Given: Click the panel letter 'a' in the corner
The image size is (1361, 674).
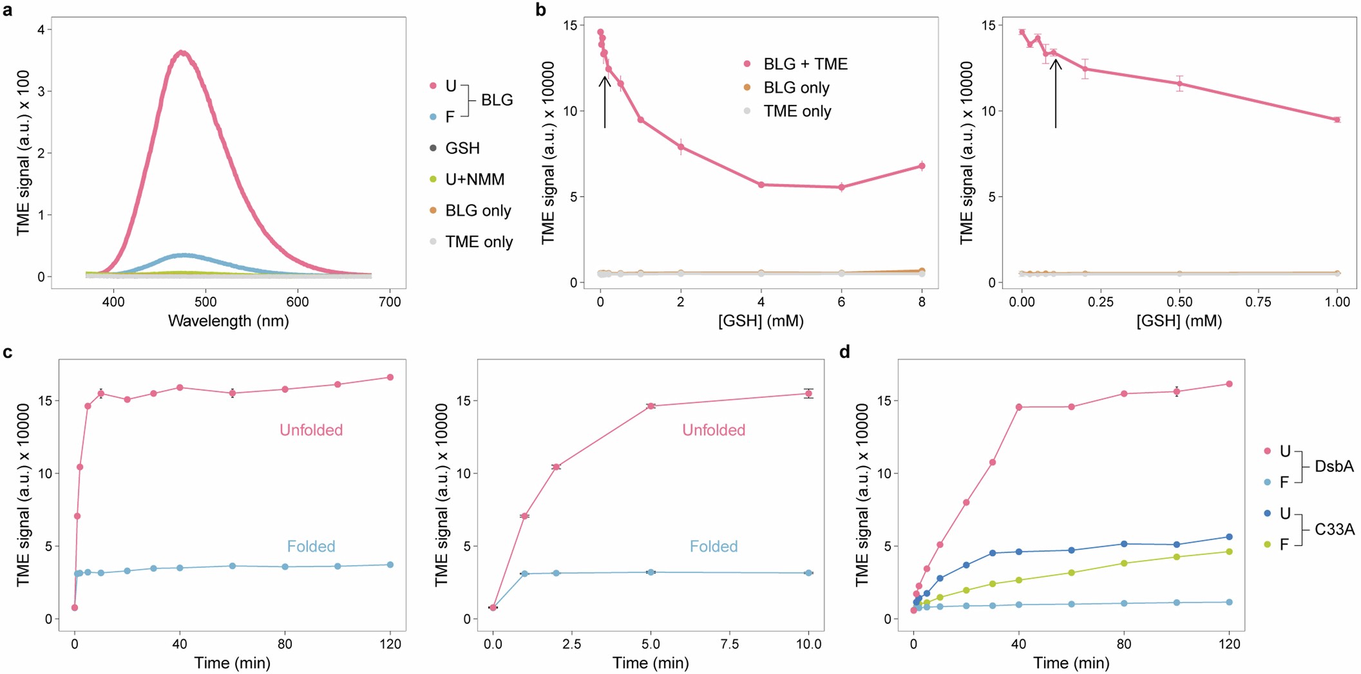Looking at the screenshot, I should pyautogui.click(x=8, y=10).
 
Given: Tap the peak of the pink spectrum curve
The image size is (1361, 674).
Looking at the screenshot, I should pyautogui.click(x=182, y=52).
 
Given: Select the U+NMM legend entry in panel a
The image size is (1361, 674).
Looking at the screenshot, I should pyautogui.click(x=475, y=179).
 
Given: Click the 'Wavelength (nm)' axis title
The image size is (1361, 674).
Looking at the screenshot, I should pyautogui.click(x=228, y=321).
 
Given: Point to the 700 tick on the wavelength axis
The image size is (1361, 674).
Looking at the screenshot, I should pyautogui.click(x=390, y=301).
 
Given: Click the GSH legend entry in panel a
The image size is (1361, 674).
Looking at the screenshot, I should pyautogui.click(x=462, y=148).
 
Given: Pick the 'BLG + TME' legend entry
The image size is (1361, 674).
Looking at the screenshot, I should pyautogui.click(x=805, y=64).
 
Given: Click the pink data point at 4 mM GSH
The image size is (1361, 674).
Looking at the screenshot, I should pyautogui.click(x=761, y=185).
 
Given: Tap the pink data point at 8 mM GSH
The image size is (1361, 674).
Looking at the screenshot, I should pyautogui.click(x=922, y=166).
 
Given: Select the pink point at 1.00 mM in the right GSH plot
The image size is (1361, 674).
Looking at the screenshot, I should pyautogui.click(x=1337, y=119).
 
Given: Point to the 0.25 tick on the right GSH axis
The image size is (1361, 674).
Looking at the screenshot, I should pyautogui.click(x=1101, y=301).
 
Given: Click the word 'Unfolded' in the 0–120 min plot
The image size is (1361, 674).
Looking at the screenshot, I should pyautogui.click(x=311, y=430).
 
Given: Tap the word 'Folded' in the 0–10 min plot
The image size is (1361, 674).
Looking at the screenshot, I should pyautogui.click(x=714, y=547).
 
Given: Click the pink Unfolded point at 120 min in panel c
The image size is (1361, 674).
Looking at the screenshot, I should pyautogui.click(x=390, y=377).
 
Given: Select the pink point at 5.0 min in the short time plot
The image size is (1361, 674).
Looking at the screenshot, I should pyautogui.click(x=651, y=406).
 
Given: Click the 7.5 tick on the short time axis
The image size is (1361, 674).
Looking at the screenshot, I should pyautogui.click(x=730, y=644).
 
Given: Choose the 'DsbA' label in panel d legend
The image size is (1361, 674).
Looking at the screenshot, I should pyautogui.click(x=1334, y=466).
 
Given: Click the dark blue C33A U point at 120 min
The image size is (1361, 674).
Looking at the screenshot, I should pyautogui.click(x=1229, y=537).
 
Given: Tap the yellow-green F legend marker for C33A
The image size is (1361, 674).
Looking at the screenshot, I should pyautogui.click(x=1268, y=545).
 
